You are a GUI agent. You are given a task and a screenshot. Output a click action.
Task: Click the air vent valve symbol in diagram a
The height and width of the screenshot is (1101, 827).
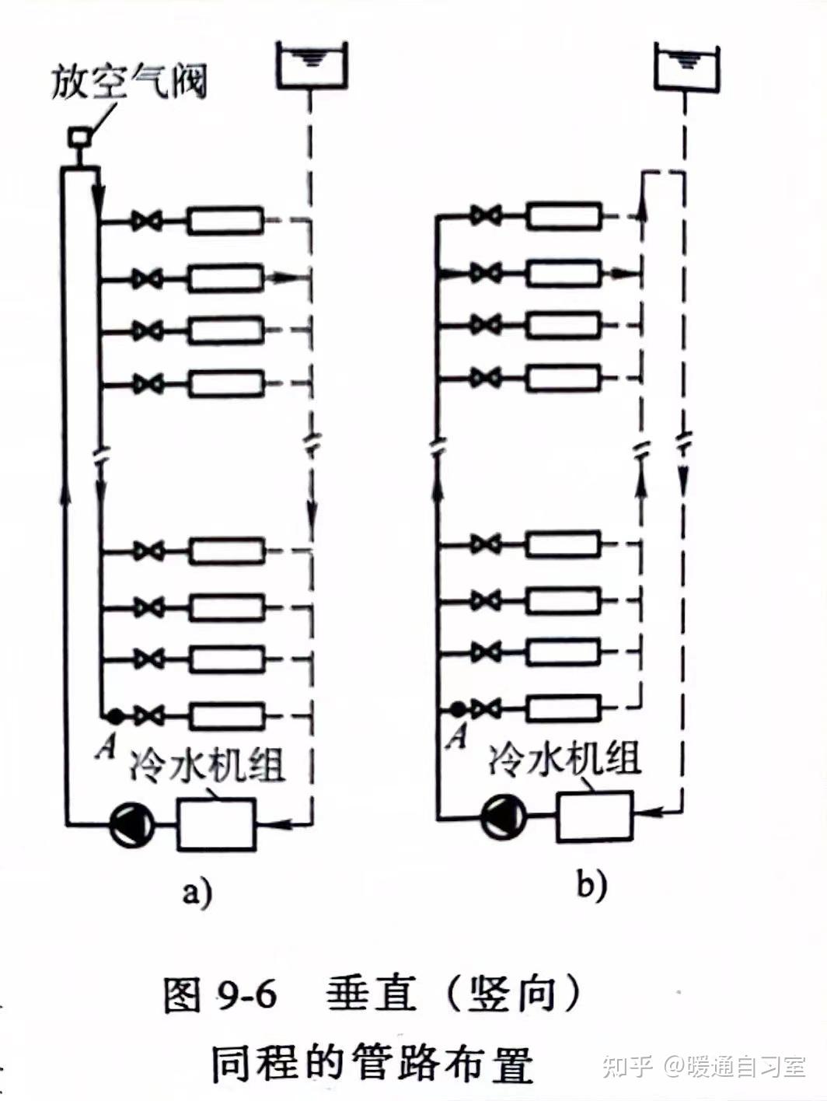coord(79,138)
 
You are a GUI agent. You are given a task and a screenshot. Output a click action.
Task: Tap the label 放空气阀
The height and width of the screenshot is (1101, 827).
coord(129,82)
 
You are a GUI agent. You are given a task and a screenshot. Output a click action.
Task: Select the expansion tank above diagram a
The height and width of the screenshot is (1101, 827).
coord(311,65)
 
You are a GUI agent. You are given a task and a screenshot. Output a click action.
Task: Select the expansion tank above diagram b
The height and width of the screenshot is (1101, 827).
coord(686,65)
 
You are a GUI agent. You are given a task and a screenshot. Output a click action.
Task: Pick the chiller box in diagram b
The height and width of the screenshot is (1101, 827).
coord(594,816)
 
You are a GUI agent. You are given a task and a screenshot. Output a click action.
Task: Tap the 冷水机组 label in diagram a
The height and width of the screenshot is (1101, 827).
coord(208,764)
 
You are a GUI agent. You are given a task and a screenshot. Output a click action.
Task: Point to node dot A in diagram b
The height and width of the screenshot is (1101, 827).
coord(458,708)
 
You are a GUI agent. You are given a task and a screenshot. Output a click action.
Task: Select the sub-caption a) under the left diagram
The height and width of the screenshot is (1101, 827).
coord(197,891)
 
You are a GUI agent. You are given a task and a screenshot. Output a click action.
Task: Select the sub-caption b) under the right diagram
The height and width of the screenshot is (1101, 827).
coord(591,884)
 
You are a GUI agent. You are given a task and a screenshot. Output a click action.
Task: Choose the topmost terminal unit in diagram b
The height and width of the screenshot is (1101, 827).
coord(564,216)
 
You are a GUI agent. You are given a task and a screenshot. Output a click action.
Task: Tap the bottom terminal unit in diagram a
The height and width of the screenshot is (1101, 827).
coord(227,715)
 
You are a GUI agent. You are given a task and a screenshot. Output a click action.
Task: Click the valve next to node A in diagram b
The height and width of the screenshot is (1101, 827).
coord(486,708)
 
